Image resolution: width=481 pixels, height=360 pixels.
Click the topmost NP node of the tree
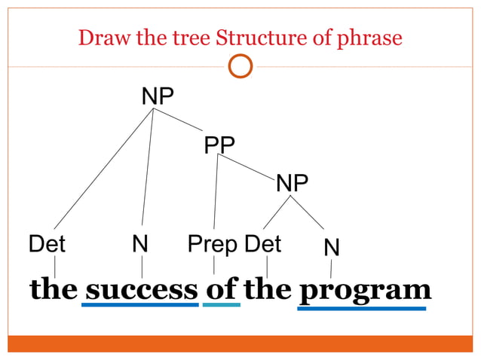click(158, 96)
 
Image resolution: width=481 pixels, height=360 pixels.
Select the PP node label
click(219, 144)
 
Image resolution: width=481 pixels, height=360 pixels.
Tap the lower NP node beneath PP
click(292, 183)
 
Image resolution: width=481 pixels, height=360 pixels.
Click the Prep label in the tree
click(213, 244)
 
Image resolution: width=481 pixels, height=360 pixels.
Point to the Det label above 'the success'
click(47, 244)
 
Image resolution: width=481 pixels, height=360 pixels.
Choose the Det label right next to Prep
click(263, 244)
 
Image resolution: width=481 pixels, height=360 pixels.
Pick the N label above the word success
click(139, 244)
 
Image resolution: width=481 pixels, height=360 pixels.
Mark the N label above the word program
click(331, 247)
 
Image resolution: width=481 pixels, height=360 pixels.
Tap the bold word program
click(365, 289)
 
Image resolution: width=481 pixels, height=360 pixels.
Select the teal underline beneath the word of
click(222, 305)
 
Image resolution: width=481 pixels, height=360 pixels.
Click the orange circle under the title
click(240, 67)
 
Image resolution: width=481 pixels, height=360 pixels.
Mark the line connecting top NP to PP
click(179, 120)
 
